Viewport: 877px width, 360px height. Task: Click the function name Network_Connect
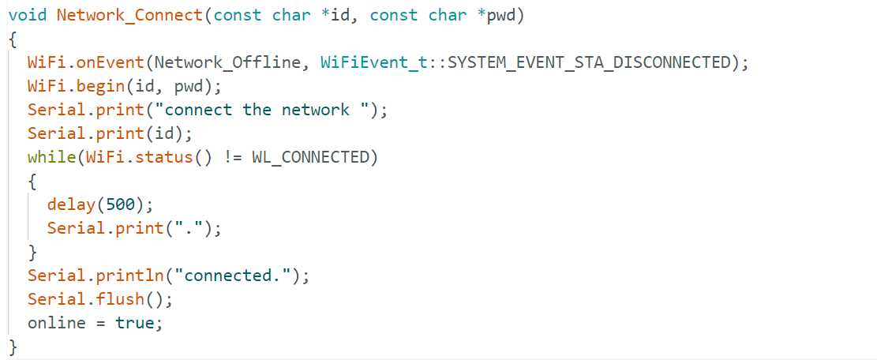coord(129,15)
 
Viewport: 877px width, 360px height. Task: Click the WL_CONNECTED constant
coord(311,158)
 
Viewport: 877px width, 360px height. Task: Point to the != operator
coord(233,158)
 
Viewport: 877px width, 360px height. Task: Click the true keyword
coord(133,323)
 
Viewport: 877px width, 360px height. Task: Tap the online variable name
coord(57,323)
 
